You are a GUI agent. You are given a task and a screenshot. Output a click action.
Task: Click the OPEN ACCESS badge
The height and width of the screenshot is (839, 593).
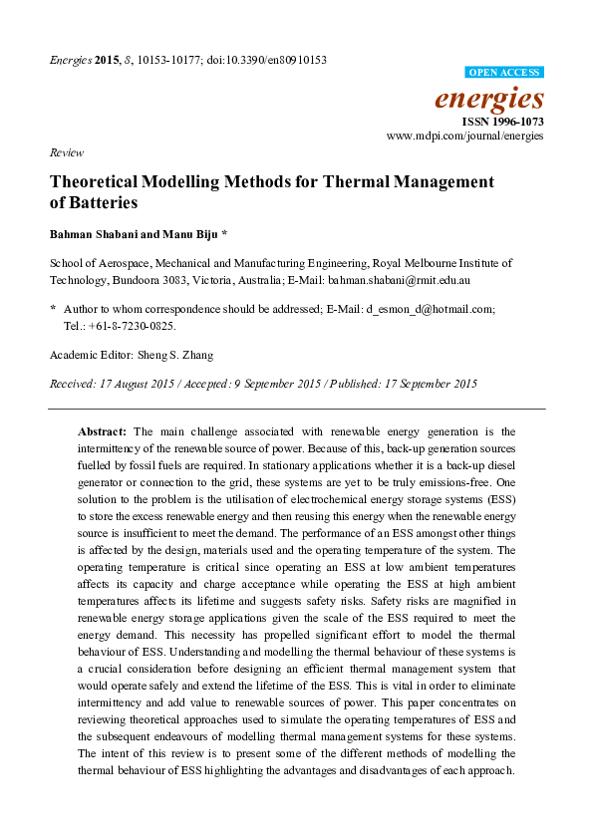point(505,73)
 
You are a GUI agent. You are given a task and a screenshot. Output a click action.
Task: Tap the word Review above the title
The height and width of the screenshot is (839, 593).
point(65,153)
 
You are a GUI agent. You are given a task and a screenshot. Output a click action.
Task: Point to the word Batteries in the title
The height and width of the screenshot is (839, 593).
point(102,202)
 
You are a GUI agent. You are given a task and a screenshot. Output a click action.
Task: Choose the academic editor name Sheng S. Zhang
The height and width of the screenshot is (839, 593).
point(179,355)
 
